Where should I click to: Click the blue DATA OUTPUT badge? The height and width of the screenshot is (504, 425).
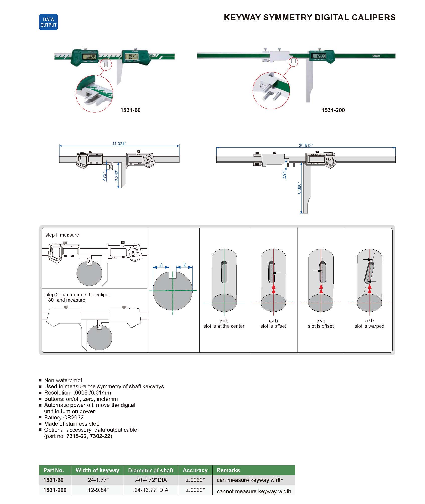tap(48, 22)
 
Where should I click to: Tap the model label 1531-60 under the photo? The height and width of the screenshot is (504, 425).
tap(130, 110)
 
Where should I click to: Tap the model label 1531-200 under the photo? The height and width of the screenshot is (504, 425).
tap(333, 110)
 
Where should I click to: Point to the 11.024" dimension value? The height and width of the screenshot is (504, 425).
tap(119, 144)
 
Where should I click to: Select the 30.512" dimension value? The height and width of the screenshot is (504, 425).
tap(306, 145)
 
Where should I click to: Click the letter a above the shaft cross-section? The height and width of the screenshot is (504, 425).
tap(161, 265)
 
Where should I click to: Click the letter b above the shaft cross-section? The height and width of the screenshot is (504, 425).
tap(185, 265)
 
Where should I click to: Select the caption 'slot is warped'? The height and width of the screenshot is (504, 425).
tap(369, 326)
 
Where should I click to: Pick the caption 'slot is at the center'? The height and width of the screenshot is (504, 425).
tap(224, 326)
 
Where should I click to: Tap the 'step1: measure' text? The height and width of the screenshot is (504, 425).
tap(62, 235)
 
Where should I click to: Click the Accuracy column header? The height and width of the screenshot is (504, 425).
tap(195, 470)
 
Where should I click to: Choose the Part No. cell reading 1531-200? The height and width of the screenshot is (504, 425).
tap(55, 490)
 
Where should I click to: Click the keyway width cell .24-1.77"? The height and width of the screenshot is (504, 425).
tap(97, 480)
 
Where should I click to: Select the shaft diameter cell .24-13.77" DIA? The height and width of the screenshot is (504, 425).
tap(151, 490)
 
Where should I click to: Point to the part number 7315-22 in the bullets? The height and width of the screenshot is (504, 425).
tap(77, 436)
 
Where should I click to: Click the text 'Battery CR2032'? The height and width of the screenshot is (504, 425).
tap(64, 417)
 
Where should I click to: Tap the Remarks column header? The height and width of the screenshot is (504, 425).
tap(228, 470)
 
